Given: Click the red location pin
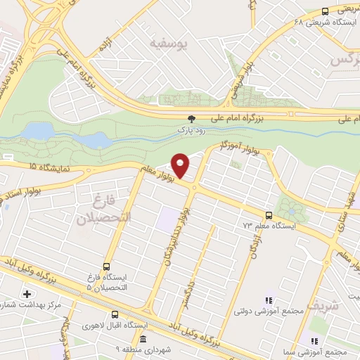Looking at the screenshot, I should tap(181, 165).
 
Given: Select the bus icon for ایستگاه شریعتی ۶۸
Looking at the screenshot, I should tap(325, 11).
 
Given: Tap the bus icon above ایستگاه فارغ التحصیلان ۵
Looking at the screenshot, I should tap(106, 266).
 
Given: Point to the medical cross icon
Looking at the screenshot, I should tap(27, 293).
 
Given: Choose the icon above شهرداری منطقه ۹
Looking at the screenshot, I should tap(142, 340).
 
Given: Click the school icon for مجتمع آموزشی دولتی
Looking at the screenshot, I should tap(267, 300).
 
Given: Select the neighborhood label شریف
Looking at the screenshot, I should tap(324, 305).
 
